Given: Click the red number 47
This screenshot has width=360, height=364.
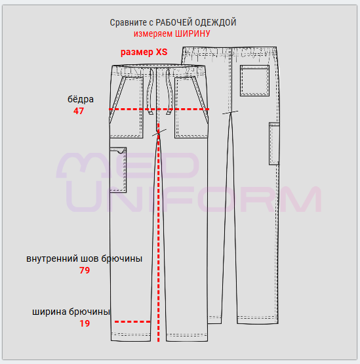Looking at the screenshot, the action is point(79,111).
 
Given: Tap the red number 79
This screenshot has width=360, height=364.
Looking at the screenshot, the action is point(85,270).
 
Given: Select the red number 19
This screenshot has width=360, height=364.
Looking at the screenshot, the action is point(85,323).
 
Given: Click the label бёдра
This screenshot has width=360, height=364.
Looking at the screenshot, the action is point(81,99).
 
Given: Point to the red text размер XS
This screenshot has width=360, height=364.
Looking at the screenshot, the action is point(144,52).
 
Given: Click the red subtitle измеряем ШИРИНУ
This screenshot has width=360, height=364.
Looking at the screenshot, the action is point(172,34).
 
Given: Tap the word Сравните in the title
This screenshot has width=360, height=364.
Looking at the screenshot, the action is point(129,23).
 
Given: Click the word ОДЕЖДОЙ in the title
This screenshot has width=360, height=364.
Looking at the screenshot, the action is point(215,23).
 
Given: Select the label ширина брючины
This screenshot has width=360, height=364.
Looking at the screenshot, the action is point(71,312).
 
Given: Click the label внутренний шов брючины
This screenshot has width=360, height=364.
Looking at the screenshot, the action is point(84,258).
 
